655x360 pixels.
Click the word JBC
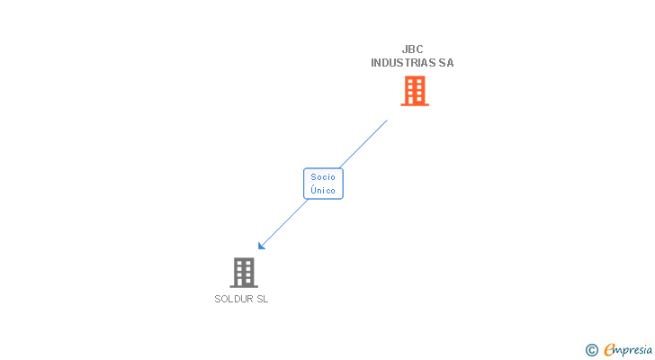pyautogui.click(x=412, y=49)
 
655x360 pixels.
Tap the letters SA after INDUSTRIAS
pyautogui.click(x=446, y=63)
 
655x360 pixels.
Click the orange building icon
pyautogui.click(x=414, y=91)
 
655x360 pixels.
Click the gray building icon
pyautogui.click(x=243, y=273)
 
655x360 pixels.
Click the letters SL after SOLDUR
pyautogui.click(x=262, y=300)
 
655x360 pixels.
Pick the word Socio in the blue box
pyautogui.click(x=323, y=177)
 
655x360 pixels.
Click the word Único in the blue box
pyautogui.click(x=323, y=191)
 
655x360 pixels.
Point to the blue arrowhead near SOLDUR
pyautogui.click(x=261, y=246)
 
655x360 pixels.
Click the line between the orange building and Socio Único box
pyautogui.click(x=364, y=143)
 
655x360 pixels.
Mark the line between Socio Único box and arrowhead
pyautogui.click(x=283, y=223)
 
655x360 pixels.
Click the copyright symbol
pyautogui.click(x=591, y=350)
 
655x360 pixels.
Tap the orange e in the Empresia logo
pyautogui.click(x=609, y=350)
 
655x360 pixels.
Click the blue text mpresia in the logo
pyautogui.click(x=634, y=350)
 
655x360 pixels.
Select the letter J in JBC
pyautogui.click(x=405, y=49)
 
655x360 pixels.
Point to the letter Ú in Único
pyautogui.click(x=313, y=190)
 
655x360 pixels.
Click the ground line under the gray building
pyautogui.click(x=243, y=286)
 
